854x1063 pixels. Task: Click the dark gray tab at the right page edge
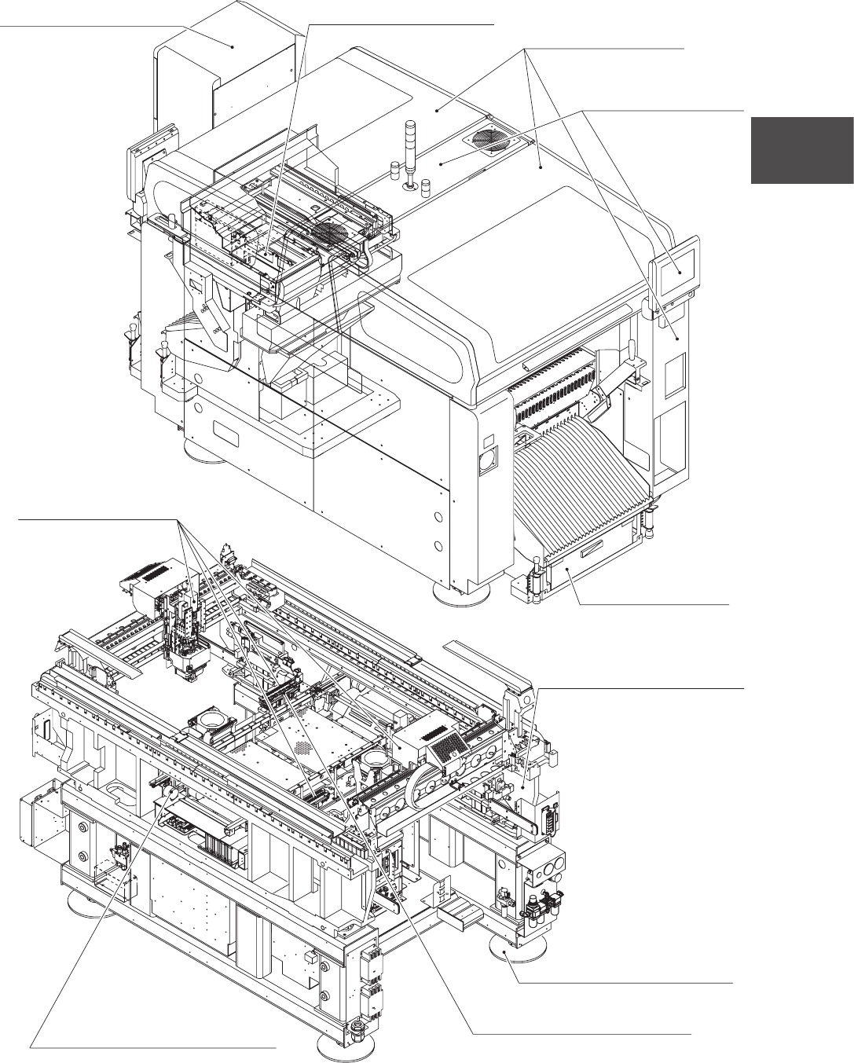pyautogui.click(x=802, y=150)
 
